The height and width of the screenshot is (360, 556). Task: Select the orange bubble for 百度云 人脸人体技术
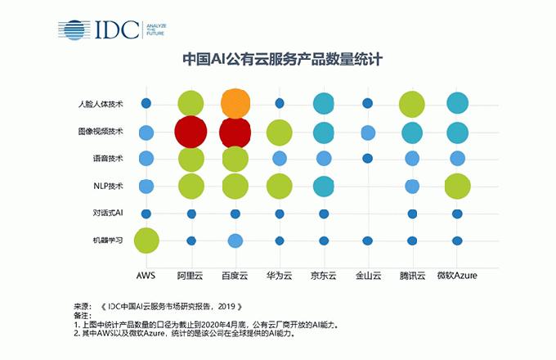coord(235,103)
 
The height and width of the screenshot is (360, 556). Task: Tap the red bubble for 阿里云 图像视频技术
coord(191,132)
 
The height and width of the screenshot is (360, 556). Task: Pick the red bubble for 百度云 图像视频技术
coord(235,132)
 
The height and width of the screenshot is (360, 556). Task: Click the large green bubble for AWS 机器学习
coord(146,241)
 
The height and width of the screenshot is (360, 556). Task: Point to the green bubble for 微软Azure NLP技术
coord(457,187)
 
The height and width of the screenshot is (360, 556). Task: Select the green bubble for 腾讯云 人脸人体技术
coord(412,104)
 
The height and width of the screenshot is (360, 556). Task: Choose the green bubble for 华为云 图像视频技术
coord(280,132)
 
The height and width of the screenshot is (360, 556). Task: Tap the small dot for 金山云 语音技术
coord(368,158)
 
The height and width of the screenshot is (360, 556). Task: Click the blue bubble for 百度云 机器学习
coord(235,241)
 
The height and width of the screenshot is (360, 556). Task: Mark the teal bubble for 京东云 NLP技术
coord(324,187)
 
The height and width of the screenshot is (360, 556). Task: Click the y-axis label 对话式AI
coord(108,214)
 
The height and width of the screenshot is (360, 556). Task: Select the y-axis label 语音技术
coord(108,159)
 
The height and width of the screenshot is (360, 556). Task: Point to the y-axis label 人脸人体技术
coord(101,104)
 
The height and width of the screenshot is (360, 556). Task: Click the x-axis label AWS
coord(146,277)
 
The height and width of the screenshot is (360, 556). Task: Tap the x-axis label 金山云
coord(368,277)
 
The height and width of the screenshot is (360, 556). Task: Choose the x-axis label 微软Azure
coord(456,277)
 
